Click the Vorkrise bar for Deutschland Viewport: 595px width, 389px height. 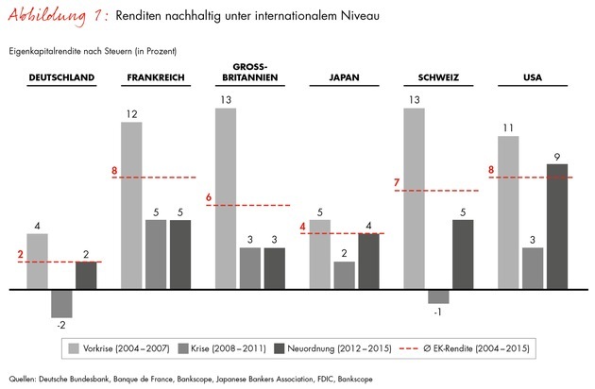[x=37, y=261]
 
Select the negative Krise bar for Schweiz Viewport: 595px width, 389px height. [x=439, y=296]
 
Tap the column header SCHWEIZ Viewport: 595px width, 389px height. [x=438, y=77]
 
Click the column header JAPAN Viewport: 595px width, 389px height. [x=344, y=77]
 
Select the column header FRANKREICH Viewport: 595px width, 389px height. [x=155, y=77]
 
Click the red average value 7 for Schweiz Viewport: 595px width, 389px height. [x=398, y=181]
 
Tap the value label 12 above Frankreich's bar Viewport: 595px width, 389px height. [x=131, y=113]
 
